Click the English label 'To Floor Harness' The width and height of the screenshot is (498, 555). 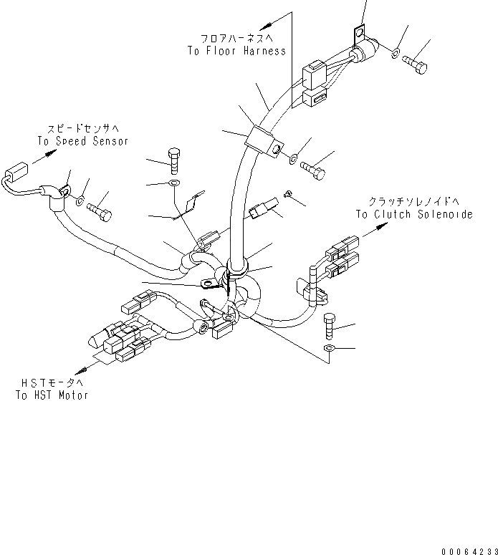click(236, 51)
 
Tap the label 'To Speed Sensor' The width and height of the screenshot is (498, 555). click(82, 141)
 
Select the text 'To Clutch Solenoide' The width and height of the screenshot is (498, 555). click(413, 214)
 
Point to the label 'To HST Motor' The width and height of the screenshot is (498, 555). click(52, 395)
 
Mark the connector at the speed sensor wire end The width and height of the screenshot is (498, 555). click(16, 175)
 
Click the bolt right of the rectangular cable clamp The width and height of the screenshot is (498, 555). click(313, 171)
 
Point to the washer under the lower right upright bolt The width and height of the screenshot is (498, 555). click(327, 348)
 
